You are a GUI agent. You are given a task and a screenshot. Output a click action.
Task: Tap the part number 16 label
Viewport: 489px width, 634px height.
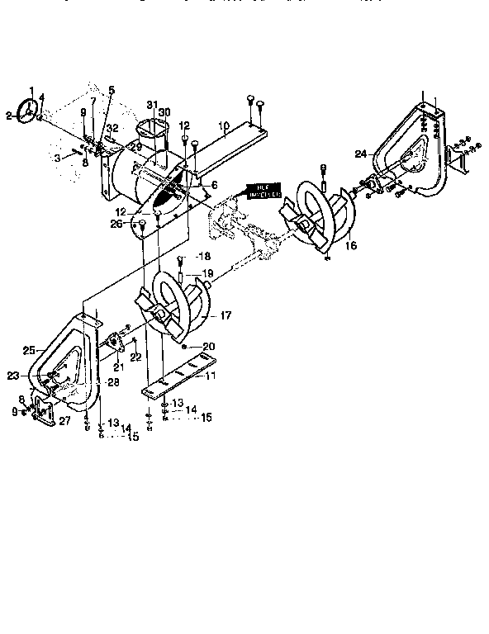350,245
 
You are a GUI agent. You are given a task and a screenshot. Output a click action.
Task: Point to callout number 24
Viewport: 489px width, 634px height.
361,154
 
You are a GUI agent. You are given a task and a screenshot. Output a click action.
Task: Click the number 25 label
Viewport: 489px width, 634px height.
29,351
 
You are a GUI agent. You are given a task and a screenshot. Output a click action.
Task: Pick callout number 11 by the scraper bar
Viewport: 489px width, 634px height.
211,376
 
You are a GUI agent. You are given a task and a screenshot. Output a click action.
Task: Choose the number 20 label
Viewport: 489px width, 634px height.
209,346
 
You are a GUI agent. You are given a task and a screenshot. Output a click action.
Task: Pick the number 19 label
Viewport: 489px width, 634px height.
208,272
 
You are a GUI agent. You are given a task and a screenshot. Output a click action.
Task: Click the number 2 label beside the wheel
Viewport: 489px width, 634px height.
8,116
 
